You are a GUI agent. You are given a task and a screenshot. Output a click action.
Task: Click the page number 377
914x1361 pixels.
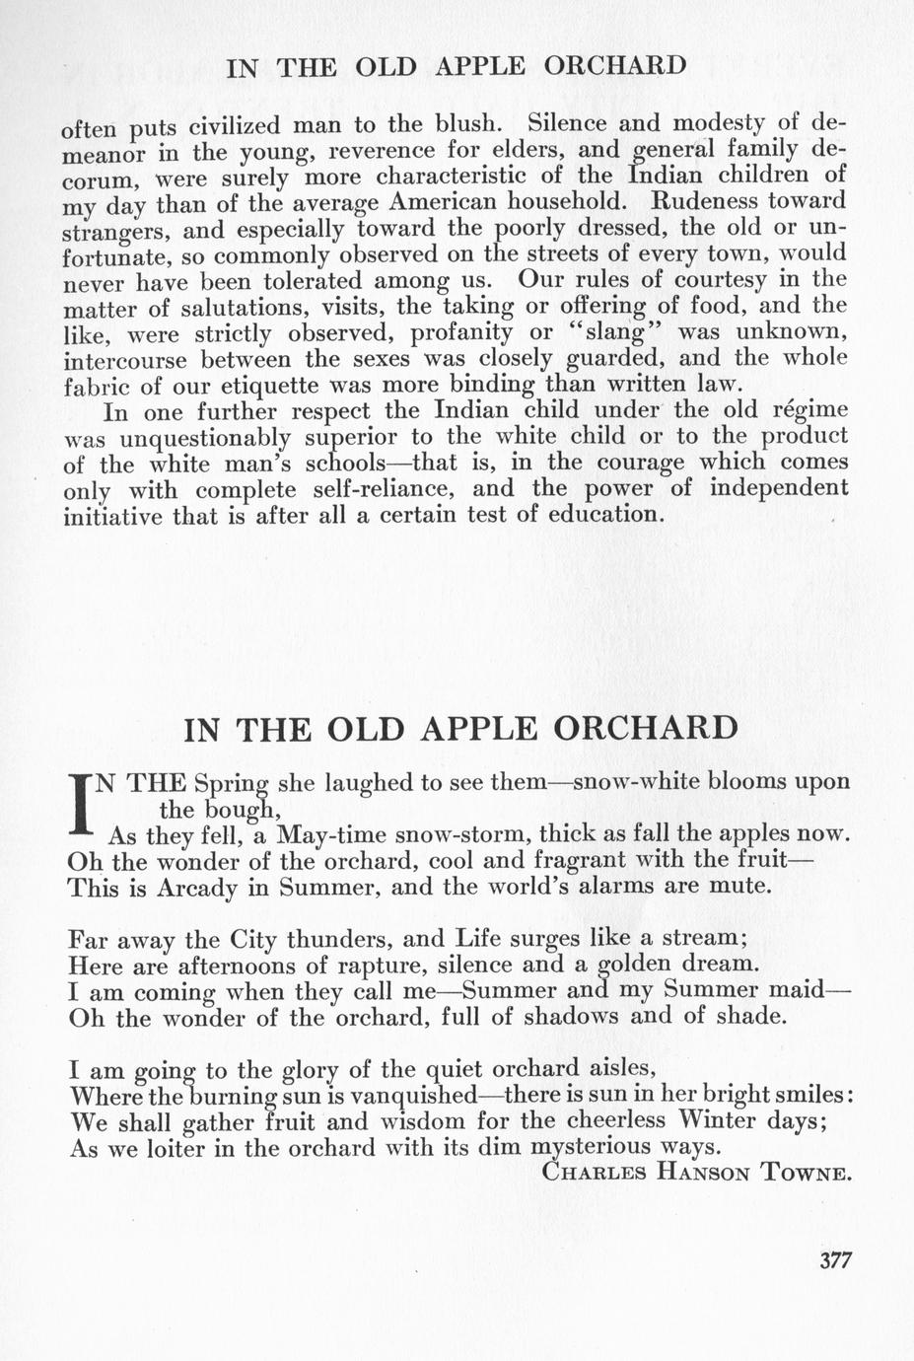point(834,1259)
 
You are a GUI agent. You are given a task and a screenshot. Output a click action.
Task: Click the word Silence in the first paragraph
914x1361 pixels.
point(576,124)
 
